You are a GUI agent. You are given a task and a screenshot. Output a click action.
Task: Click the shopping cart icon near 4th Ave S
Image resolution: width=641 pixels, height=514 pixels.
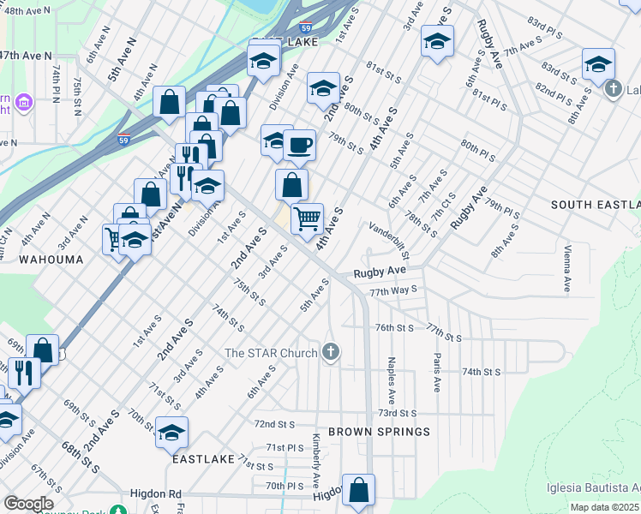coord(307,218)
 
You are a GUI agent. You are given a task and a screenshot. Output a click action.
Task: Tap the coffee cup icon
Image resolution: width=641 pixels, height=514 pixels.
coord(299,145)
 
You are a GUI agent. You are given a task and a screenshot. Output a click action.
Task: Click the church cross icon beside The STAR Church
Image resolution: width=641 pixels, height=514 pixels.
coord(332,352)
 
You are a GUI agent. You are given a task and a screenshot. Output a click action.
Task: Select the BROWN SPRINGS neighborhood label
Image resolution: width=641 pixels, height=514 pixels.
coord(379,432)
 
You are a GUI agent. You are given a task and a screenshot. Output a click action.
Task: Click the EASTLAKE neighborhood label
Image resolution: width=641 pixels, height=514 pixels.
coord(203,459)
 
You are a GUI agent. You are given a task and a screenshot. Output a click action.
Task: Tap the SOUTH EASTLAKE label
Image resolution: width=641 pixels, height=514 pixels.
coord(596,205)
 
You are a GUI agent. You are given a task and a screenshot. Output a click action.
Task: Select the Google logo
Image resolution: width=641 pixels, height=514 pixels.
coord(28,504)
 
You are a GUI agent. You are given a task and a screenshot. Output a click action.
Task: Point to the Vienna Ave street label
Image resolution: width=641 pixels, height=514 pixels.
coord(567,267)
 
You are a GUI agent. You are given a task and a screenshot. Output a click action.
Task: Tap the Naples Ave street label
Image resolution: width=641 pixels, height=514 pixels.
coord(392,381)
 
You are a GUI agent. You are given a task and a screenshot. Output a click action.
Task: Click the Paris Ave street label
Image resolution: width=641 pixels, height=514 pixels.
coord(437,373)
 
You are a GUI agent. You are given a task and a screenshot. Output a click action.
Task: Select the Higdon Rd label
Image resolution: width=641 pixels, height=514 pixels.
coord(156,494)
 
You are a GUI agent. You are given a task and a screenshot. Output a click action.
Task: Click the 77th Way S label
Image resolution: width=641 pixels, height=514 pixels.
coord(393,291)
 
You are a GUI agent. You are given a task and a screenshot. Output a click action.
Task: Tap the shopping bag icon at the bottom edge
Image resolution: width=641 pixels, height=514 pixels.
coord(359,491)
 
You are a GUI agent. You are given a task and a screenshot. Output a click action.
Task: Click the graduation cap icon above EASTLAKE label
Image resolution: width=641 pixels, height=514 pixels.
coord(171,433)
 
